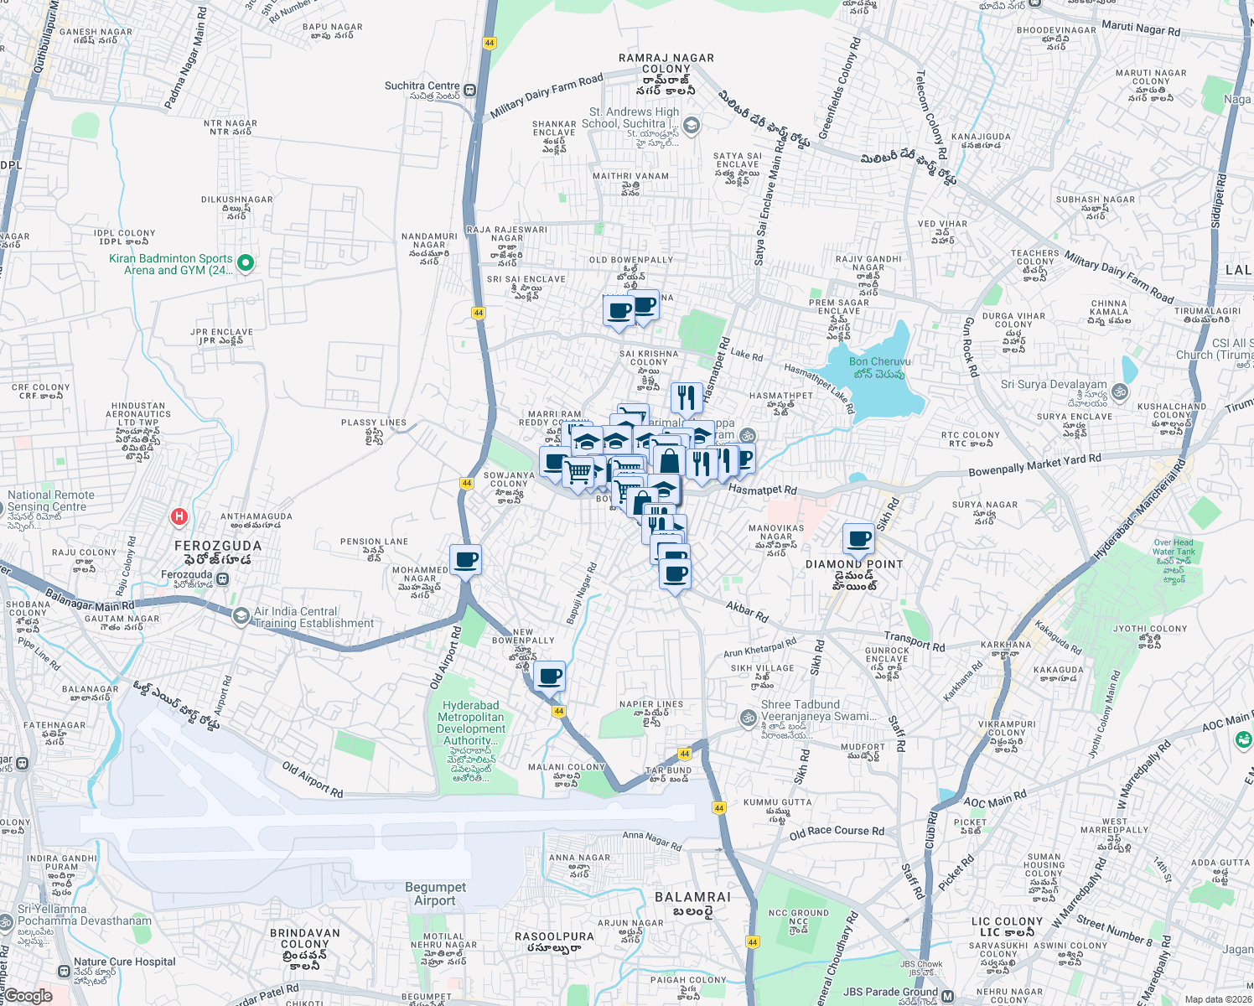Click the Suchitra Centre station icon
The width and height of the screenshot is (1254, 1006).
470,91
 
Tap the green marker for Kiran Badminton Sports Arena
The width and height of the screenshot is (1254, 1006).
246,264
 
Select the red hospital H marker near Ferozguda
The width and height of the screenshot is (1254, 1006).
179,517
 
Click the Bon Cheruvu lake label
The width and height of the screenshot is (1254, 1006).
879,367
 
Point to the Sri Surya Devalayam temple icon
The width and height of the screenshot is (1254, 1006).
1120,392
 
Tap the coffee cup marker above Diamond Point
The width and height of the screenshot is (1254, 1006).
858,539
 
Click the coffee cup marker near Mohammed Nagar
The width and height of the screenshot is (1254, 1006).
465,560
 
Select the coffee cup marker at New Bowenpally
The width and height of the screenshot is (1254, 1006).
549,676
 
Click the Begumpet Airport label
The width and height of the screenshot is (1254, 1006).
435,894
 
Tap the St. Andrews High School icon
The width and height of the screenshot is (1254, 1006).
691,126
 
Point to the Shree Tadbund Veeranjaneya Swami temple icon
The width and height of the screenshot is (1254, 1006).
748,718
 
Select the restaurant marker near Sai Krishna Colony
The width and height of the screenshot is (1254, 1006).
687,398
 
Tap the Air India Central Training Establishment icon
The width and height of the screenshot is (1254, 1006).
241,617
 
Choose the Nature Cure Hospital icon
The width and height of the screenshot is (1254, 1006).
64,971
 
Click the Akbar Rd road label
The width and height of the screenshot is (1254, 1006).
747,611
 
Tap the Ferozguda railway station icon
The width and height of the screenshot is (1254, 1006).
222,578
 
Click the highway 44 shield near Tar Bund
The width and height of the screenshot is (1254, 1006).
685,754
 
